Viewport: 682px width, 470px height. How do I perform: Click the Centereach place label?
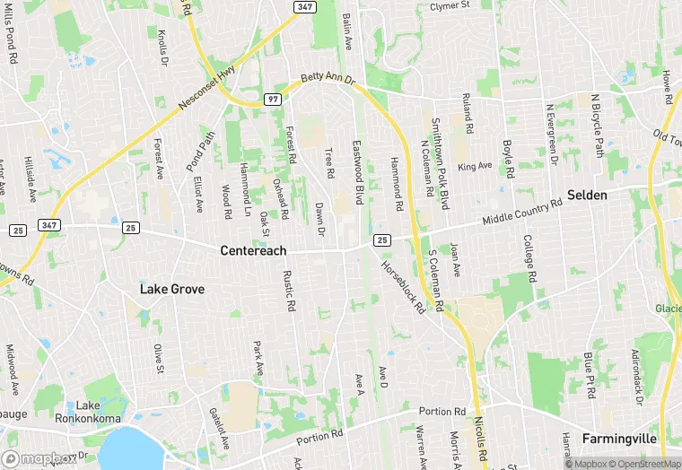(x=253, y=251)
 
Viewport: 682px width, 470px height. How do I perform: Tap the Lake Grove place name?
(x=171, y=289)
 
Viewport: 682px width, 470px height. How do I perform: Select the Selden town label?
(x=587, y=195)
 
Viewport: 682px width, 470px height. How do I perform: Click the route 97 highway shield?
(x=273, y=99)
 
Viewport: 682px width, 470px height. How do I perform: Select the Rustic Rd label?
(x=289, y=292)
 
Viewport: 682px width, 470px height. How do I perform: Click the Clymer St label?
(x=450, y=5)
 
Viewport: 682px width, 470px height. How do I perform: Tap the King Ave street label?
(x=475, y=166)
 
